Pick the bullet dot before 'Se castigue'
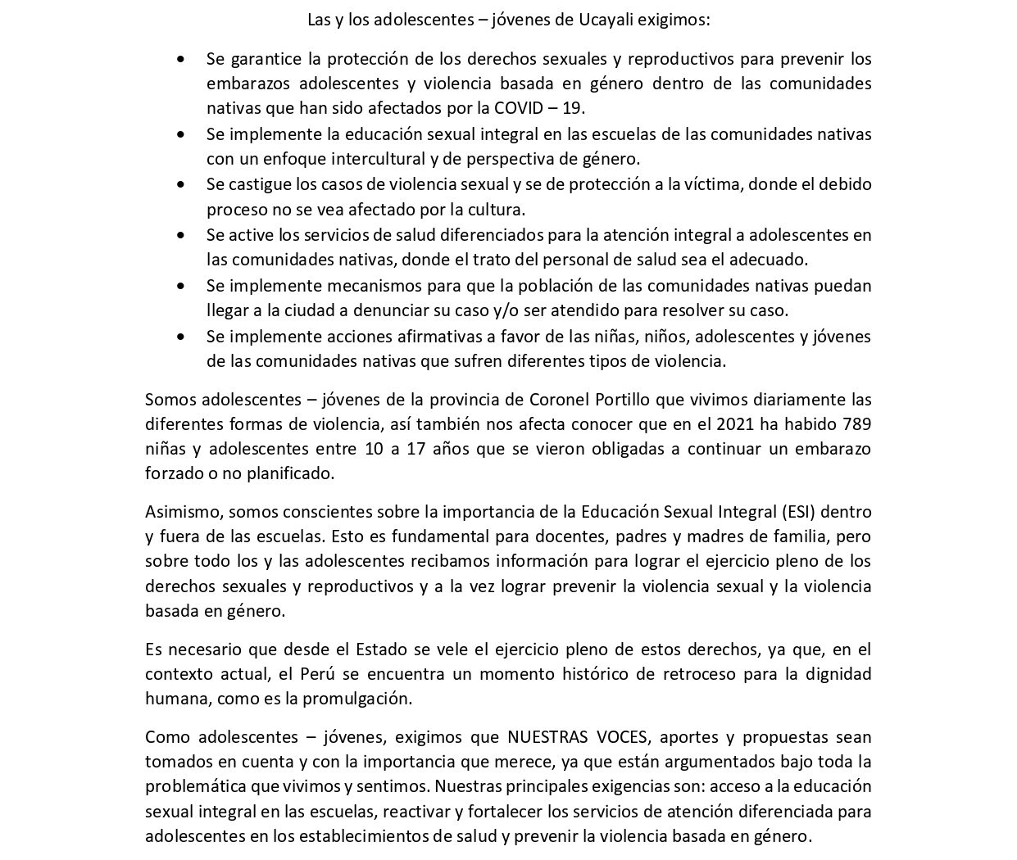coord(181,185)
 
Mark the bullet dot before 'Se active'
coord(181,235)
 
